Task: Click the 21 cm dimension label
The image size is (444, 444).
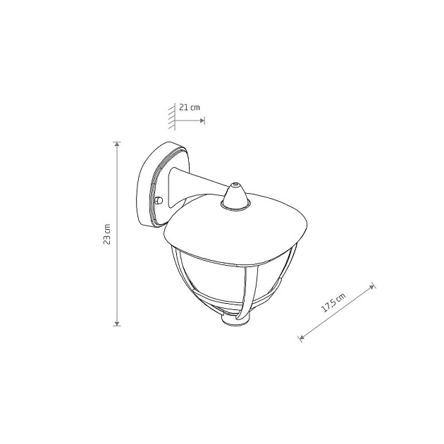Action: point(190,108)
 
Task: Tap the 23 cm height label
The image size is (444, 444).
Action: point(107,234)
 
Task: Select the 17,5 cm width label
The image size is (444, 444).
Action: point(334,302)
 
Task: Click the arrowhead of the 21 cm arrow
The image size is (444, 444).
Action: point(202,121)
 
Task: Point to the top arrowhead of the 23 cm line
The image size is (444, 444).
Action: point(117,144)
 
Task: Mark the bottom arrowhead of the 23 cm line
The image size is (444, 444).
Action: point(117,323)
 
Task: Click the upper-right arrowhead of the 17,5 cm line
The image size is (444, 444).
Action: point(372,287)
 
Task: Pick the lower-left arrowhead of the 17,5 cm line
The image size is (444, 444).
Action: point(302,337)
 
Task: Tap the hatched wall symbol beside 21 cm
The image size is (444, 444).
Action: point(171,117)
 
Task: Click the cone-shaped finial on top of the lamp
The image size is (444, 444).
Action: point(235,197)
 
